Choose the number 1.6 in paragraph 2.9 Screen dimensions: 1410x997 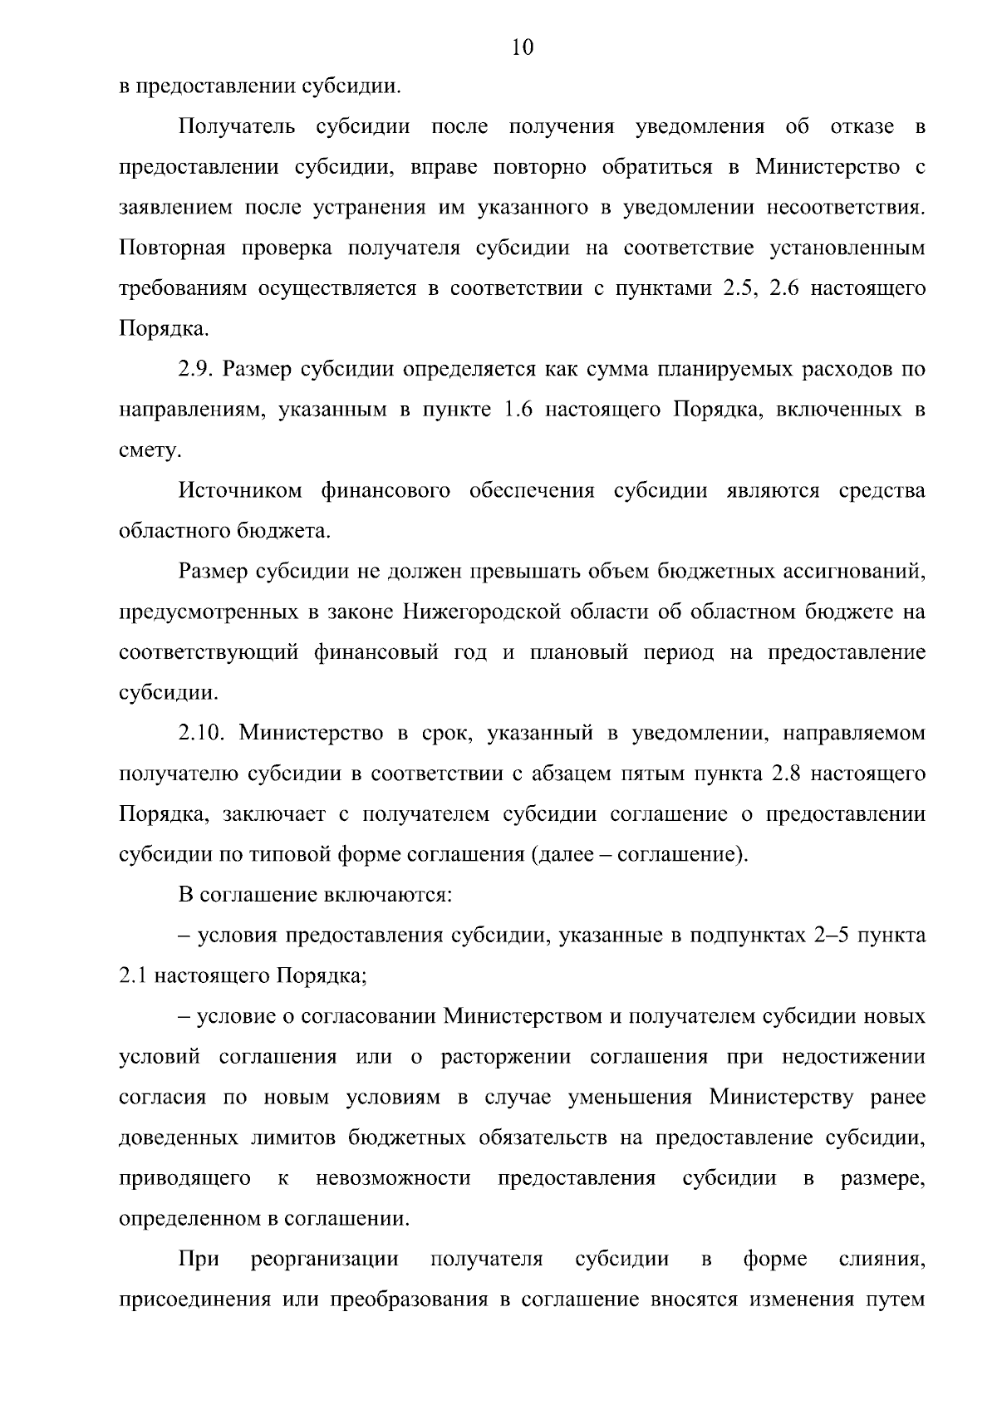click(518, 410)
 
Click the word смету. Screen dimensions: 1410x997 click(150, 451)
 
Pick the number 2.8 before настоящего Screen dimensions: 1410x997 click(785, 774)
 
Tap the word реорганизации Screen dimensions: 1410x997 click(324, 1259)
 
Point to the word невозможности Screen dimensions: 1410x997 click(393, 1178)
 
